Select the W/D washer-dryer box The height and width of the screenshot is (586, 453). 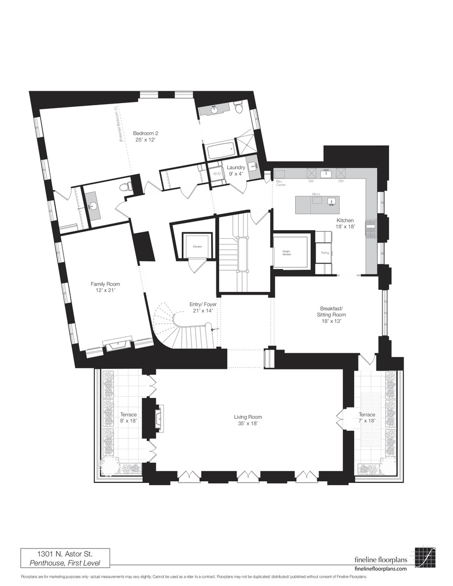[217, 174]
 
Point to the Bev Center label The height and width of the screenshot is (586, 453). [280, 182]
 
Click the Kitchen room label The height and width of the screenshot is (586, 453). [345, 224]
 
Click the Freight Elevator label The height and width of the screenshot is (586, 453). [286, 252]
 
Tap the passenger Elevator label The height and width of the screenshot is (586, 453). [196, 246]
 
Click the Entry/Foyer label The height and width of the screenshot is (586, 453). [203, 308]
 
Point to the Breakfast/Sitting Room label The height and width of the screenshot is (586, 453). [331, 314]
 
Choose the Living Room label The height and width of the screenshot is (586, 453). [247, 421]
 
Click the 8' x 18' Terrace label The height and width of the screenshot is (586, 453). [129, 418]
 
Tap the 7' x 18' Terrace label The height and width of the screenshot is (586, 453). [367, 418]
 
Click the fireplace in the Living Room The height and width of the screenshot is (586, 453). [158, 418]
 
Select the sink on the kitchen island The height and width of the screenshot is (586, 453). [330, 202]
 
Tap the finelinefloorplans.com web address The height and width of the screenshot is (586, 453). [380, 568]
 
